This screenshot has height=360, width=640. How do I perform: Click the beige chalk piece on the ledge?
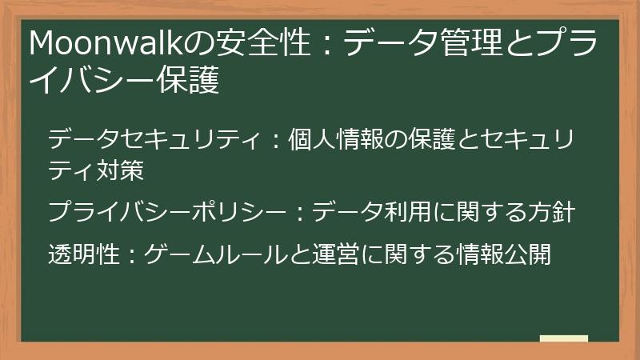(563, 338)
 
